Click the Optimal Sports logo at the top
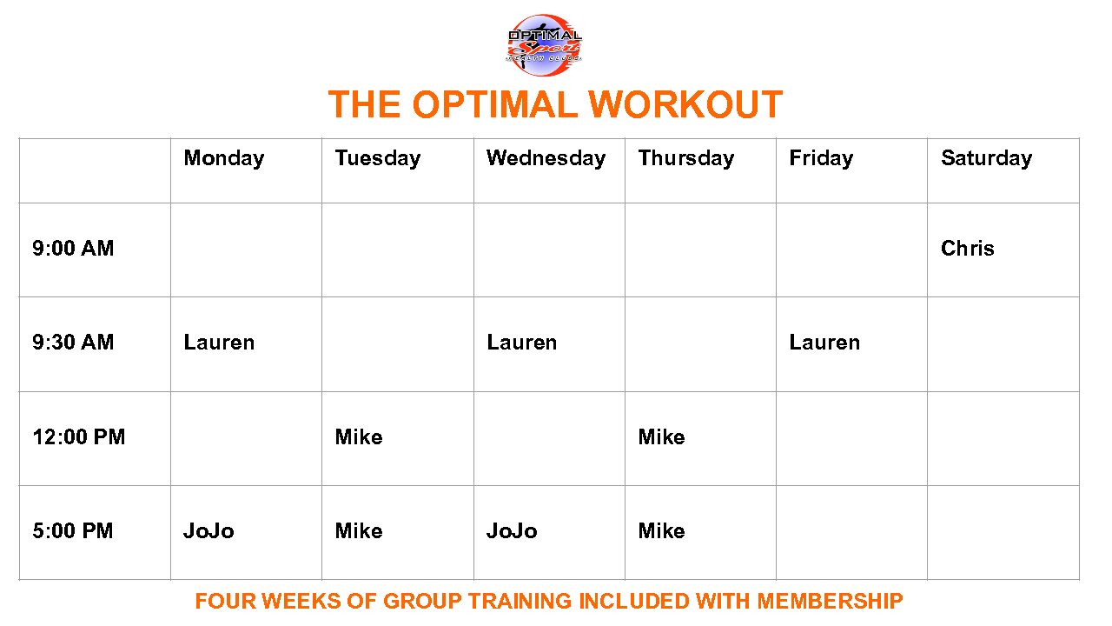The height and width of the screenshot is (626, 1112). click(545, 44)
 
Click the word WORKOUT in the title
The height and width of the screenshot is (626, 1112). click(685, 105)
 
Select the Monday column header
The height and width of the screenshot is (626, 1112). click(223, 158)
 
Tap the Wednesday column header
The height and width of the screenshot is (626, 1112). click(546, 158)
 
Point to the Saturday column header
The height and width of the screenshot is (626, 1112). click(986, 158)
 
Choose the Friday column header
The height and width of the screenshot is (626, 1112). click(821, 158)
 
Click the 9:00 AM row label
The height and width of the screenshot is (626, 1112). click(73, 249)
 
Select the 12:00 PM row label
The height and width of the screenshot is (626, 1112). click(79, 436)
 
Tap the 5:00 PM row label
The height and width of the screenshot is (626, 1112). click(73, 531)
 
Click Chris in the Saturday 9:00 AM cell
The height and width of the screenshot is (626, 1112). click(967, 249)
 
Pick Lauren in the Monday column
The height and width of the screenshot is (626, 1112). click(219, 343)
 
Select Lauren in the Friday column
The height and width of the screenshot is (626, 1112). click(824, 343)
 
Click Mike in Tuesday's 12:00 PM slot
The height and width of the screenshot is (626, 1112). click(359, 436)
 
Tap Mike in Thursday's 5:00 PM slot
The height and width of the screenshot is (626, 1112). click(661, 531)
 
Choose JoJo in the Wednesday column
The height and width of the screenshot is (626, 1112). click(512, 531)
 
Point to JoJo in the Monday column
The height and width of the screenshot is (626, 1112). click(208, 531)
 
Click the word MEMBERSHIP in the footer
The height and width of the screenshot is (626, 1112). click(830, 601)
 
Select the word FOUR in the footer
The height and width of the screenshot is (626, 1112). click(225, 601)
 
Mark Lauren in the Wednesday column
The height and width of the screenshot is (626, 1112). click(521, 343)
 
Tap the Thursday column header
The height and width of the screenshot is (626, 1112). click(685, 158)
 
